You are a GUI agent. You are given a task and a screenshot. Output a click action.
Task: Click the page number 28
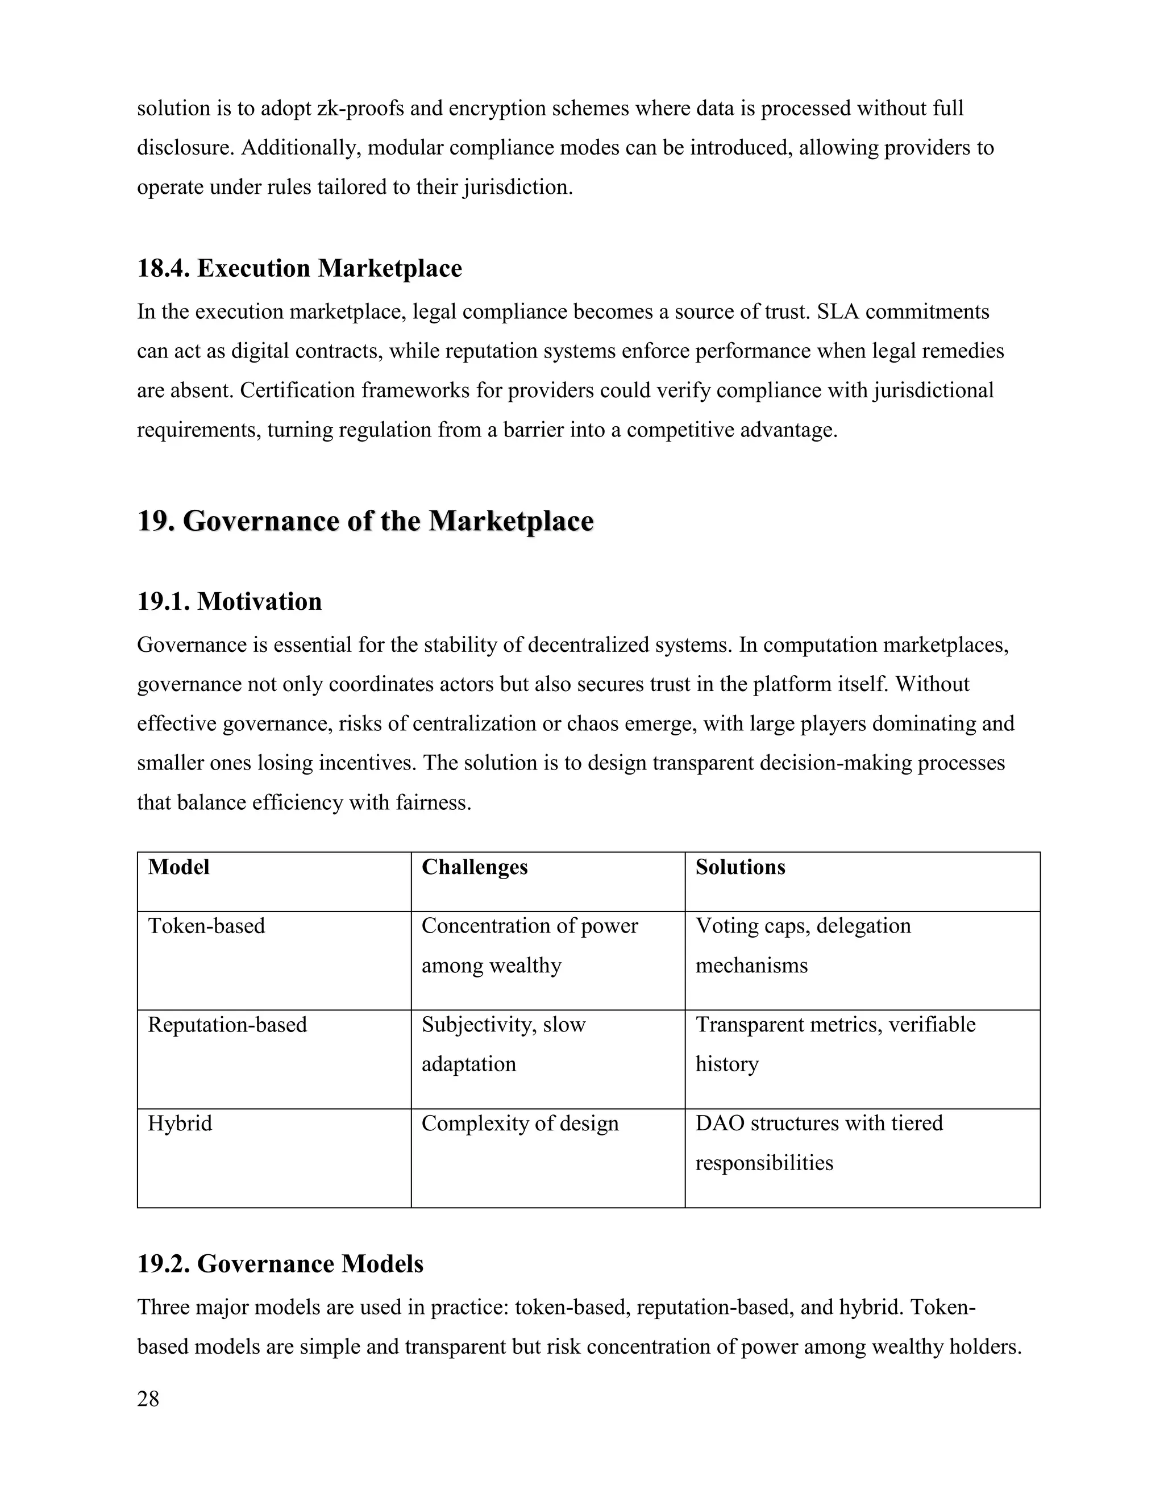tap(148, 1399)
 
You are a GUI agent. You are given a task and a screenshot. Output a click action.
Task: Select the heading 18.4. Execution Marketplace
tap(300, 268)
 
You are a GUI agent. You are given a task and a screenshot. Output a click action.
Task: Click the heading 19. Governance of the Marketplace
tap(365, 521)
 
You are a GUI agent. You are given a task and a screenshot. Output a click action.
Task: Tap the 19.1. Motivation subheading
tap(229, 601)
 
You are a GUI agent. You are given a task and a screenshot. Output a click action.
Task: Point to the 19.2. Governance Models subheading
tap(280, 1263)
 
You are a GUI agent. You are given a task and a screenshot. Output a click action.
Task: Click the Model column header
tap(178, 867)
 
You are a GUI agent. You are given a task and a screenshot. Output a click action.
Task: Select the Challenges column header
tap(475, 867)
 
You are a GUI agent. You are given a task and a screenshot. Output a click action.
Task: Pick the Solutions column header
tap(740, 867)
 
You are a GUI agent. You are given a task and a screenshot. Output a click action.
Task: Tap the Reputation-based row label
tap(227, 1025)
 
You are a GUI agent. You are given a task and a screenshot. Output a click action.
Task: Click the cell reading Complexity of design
tap(520, 1124)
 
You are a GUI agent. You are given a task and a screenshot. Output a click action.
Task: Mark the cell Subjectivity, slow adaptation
tap(504, 1044)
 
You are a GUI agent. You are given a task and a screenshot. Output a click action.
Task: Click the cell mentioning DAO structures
tap(818, 1143)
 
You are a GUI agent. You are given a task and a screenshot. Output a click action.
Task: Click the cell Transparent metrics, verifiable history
tap(835, 1044)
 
